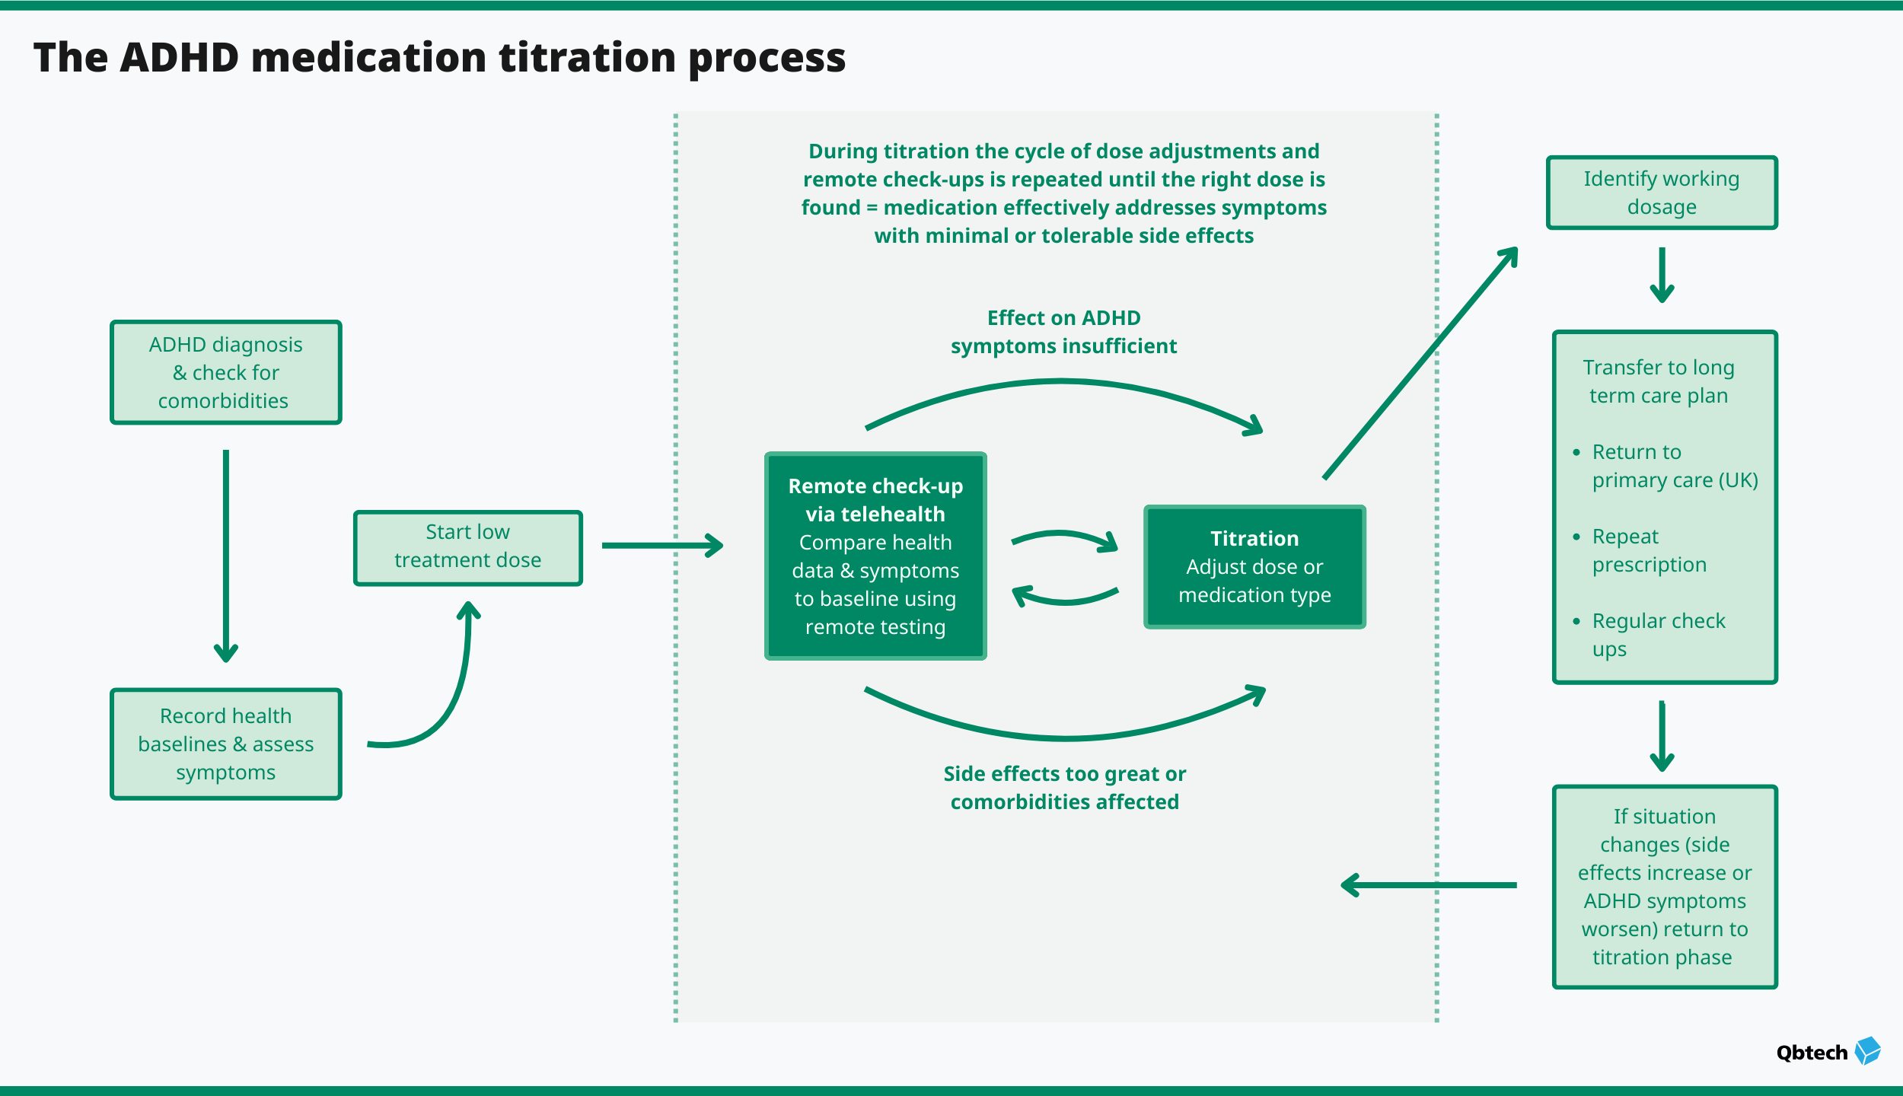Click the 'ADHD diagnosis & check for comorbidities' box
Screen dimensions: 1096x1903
tap(226, 372)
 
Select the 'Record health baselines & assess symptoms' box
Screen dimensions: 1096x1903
tap(226, 744)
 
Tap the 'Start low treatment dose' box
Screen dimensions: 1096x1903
tap(467, 547)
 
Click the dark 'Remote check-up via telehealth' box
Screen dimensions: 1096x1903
tap(875, 556)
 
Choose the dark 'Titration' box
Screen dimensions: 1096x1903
tap(1254, 567)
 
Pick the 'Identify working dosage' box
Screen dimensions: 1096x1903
tap(1662, 193)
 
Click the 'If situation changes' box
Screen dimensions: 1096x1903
tap(1665, 887)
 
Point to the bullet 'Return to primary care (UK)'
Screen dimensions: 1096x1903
tap(1674, 466)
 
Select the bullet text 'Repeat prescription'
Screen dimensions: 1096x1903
tap(1649, 550)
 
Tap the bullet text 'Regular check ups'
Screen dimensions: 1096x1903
tap(1658, 635)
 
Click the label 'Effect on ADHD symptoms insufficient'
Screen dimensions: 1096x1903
tap(1063, 332)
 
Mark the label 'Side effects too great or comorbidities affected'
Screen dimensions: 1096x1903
tap(1064, 788)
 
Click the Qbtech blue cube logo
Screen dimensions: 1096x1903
tap(1867, 1051)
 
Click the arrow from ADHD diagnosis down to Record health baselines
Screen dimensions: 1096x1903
tap(226, 556)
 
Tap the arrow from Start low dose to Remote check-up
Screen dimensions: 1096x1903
tap(661, 545)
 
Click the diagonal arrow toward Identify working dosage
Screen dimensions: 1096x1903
tap(1420, 364)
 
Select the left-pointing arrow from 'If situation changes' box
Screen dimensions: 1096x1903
tap(1428, 885)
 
